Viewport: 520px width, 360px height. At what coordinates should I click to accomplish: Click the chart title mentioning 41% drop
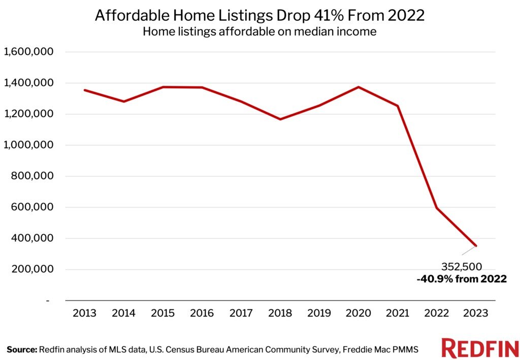(259, 15)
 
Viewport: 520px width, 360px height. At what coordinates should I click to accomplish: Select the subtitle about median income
(259, 31)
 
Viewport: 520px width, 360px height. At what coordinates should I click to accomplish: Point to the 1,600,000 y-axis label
(28, 52)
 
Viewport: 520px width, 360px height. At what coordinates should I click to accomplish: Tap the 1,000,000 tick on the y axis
(28, 145)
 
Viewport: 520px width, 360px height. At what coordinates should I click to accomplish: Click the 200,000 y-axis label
(32, 270)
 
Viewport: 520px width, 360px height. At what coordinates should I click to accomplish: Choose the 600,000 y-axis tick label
(32, 207)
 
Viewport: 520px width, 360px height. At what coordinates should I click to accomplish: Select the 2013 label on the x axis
(85, 313)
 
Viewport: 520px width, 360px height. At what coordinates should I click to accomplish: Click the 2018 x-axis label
(280, 313)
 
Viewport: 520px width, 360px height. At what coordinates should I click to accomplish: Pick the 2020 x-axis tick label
(359, 313)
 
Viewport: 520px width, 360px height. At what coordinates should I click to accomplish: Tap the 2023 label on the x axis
(476, 313)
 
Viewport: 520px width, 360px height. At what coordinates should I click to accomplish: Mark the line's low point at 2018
(280, 119)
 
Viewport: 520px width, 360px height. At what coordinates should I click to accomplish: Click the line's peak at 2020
(359, 87)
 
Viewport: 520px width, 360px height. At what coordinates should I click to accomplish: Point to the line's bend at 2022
(437, 208)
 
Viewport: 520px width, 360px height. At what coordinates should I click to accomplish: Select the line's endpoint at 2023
(476, 246)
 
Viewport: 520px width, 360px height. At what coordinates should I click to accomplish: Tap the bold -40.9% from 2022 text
(462, 278)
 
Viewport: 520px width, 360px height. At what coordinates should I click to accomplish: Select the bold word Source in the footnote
(22, 349)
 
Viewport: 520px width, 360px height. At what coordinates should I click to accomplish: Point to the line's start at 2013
(85, 90)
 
